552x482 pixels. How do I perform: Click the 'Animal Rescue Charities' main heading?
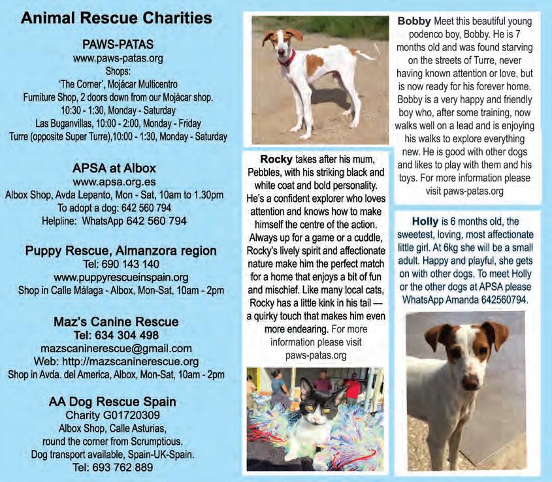click(116, 18)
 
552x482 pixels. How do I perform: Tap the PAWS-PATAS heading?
click(118, 44)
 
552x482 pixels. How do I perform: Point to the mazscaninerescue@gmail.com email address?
click(116, 348)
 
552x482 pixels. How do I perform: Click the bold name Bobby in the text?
click(414, 21)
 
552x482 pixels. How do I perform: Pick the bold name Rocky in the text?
click(277, 159)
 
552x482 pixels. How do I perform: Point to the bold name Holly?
click(425, 221)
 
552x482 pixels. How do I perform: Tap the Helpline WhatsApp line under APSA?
click(116, 221)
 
